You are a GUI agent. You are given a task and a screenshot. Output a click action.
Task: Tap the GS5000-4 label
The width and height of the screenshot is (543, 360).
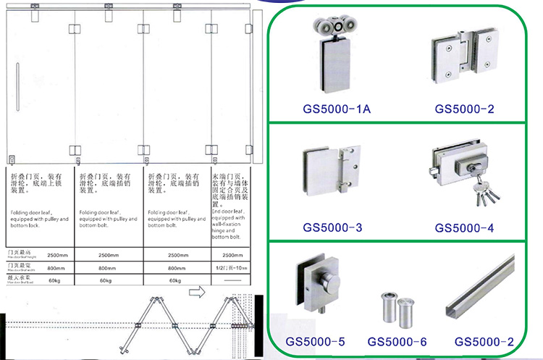tap(464, 228)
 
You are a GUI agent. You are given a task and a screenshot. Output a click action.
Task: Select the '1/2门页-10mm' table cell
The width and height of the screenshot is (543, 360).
tap(230, 268)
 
